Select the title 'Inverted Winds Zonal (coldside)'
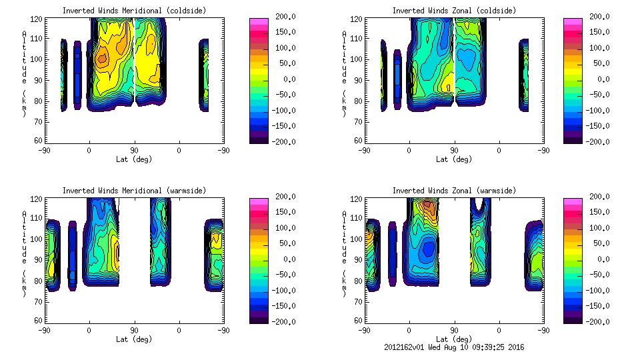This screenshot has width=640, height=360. point(454,10)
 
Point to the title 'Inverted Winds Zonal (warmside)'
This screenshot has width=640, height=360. point(454,191)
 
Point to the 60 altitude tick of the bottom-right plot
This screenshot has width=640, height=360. point(358,320)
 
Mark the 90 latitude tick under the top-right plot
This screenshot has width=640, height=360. point(454,150)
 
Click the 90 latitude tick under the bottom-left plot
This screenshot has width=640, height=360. point(134,330)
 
